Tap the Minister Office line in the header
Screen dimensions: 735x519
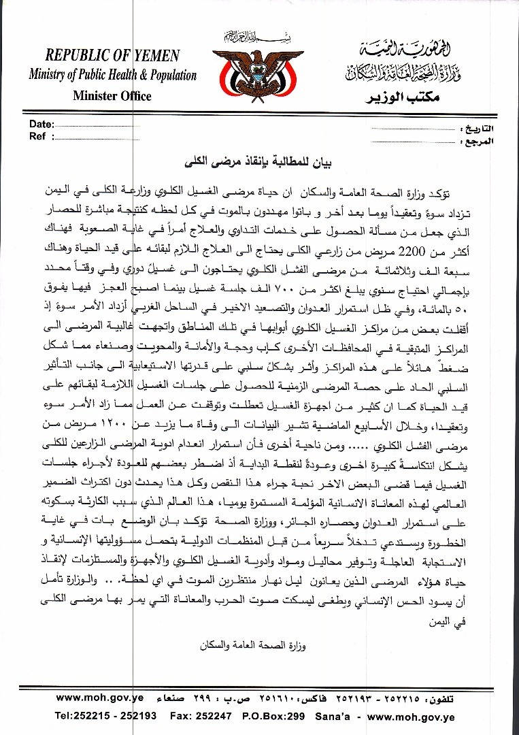112,96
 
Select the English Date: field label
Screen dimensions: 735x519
41,125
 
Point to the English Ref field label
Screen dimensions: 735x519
38,136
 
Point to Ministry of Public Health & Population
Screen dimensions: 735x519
112,76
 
